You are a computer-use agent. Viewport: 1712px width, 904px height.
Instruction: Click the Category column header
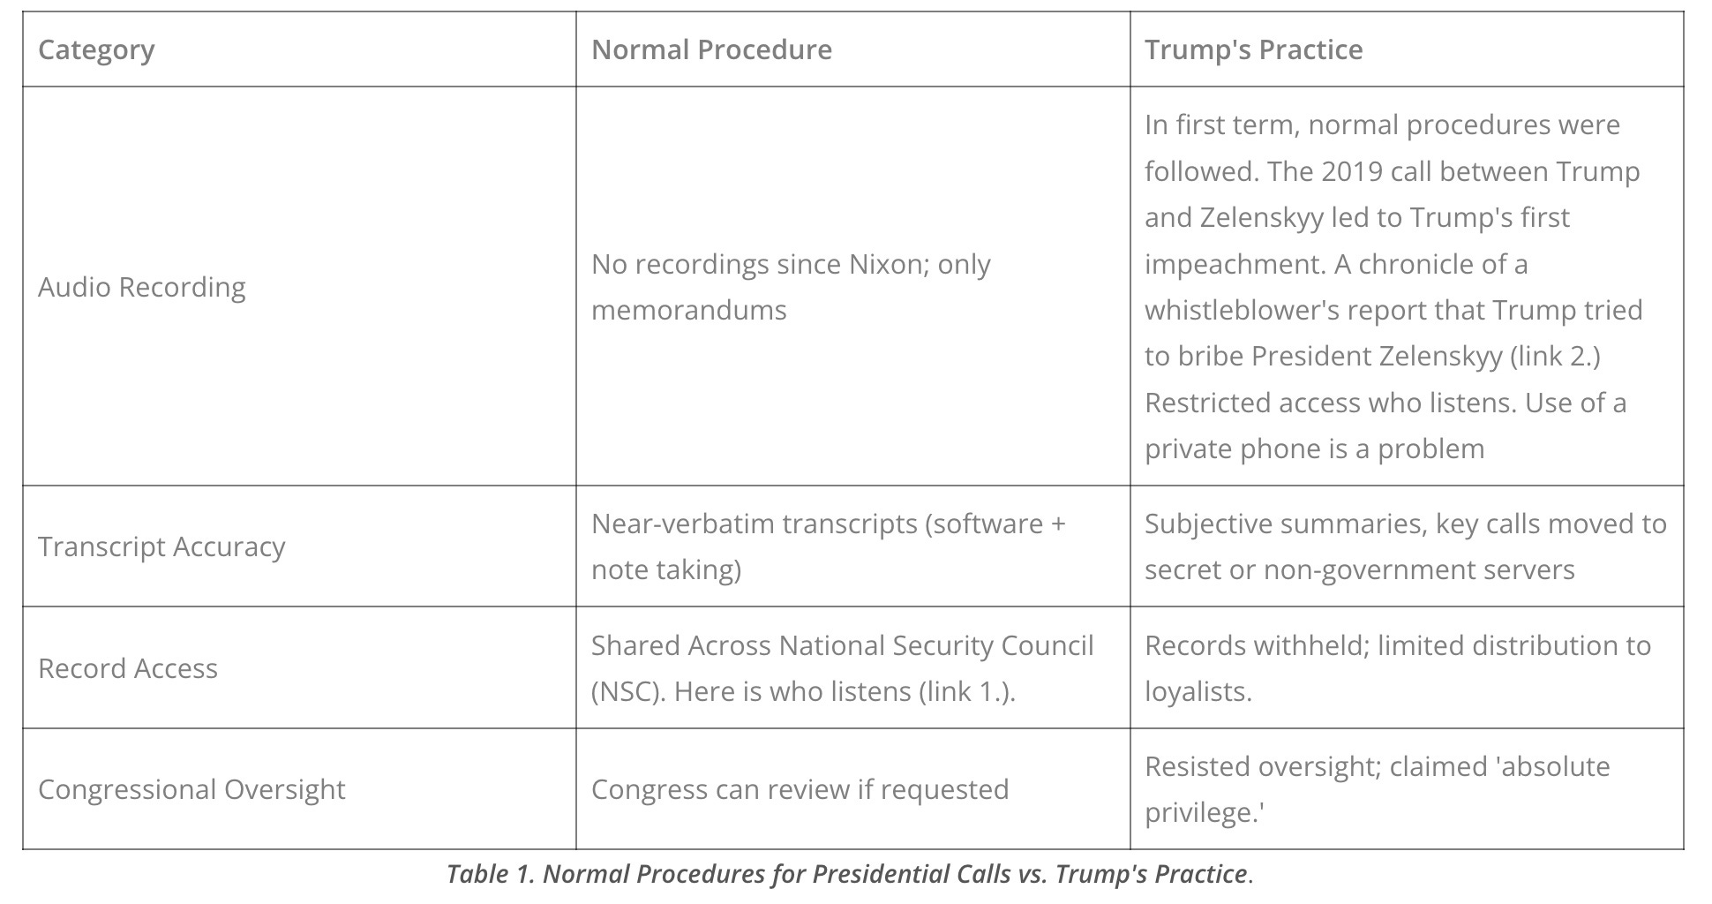[x=96, y=49]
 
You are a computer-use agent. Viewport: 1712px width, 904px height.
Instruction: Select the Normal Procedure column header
[x=711, y=49]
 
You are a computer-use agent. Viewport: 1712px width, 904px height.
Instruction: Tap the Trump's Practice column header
[x=1253, y=49]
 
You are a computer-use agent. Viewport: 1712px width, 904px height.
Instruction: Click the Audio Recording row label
[x=142, y=287]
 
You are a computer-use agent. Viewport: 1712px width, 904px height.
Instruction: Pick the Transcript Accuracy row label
[x=161, y=546]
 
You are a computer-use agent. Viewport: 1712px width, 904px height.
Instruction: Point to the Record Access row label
[x=128, y=668]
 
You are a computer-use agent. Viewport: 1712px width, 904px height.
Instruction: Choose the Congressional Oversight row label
[x=191, y=789]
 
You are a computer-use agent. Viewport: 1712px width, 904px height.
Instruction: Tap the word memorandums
[x=688, y=310]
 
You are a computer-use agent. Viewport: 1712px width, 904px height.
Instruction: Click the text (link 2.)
[x=1555, y=356]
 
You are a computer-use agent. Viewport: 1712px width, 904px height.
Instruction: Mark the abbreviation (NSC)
[x=627, y=691]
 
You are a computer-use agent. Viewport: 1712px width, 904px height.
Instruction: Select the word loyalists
[x=1198, y=691]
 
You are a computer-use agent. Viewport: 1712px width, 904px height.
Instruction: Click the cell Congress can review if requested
[x=800, y=789]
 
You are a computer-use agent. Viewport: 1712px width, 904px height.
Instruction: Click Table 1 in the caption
[x=490, y=874]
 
